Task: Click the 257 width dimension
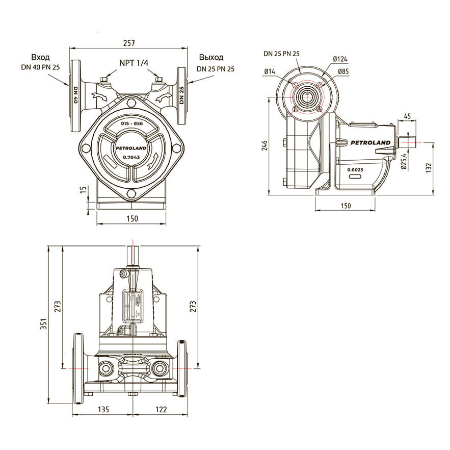pyautogui.click(x=129, y=43)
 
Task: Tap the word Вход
pyautogui.click(x=40, y=58)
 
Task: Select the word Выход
pyautogui.click(x=211, y=58)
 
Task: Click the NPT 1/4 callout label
pyautogui.click(x=134, y=63)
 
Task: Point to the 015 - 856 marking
pyautogui.click(x=131, y=123)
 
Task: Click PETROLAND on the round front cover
pyautogui.click(x=131, y=148)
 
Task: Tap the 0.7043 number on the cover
pyautogui.click(x=131, y=158)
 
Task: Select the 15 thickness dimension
pyautogui.click(x=83, y=189)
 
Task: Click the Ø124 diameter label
pyautogui.click(x=340, y=59)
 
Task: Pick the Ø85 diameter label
pyautogui.click(x=343, y=71)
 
